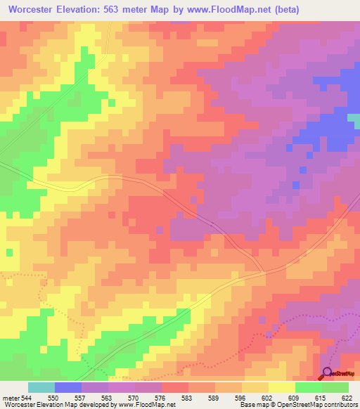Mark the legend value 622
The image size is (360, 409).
[348, 397]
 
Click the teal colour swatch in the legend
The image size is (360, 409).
[41, 387]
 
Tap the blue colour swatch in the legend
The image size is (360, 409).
[68, 387]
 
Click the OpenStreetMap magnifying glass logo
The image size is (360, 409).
[328, 373]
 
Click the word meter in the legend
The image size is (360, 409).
[10, 397]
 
